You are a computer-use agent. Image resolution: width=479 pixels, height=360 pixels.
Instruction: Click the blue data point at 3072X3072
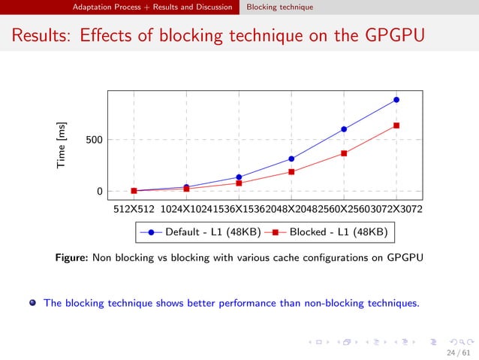coord(396,99)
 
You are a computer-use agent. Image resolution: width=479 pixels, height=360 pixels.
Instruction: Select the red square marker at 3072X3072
coord(396,126)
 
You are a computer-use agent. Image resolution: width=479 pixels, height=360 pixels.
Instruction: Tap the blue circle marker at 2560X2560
coord(344,129)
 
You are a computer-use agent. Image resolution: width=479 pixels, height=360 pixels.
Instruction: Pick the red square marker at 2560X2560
coord(344,153)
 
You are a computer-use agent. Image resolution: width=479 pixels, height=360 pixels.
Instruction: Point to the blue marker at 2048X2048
coord(291,159)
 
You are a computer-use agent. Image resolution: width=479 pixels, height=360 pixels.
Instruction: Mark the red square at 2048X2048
coord(291,172)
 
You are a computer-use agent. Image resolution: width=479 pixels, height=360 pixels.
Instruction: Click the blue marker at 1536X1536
coord(239,177)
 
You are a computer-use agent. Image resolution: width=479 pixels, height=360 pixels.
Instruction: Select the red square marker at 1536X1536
coord(239,183)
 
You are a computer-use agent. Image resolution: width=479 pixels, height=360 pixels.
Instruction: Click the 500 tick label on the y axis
coord(94,140)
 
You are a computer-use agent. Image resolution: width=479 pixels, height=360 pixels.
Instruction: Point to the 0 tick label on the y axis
coord(100,192)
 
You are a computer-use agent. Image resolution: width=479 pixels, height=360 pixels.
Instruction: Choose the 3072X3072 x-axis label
coord(396,209)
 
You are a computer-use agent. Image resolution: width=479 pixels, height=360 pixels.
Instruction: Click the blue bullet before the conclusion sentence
coord(32,304)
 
